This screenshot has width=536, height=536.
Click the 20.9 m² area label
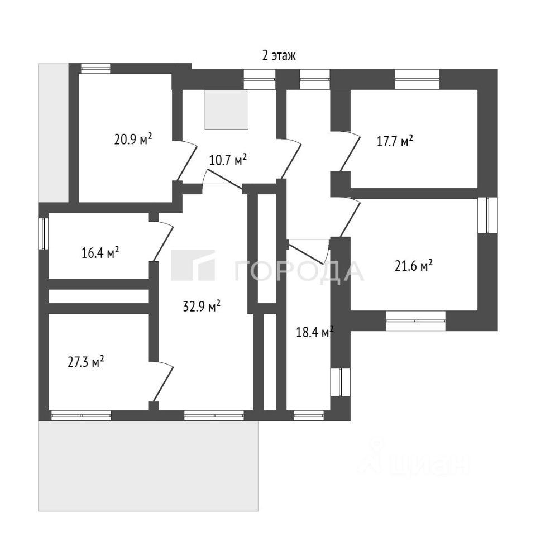[133, 140]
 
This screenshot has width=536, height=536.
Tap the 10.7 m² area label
[228, 161]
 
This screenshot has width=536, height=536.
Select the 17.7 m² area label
[395, 140]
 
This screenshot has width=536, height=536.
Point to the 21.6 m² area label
[414, 266]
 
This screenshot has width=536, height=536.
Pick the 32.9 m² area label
[202, 306]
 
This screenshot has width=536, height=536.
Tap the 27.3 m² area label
[87, 362]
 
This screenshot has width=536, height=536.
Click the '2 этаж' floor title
[278, 55]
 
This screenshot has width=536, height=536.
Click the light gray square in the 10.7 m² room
[227, 109]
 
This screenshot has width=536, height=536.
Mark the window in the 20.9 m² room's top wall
[95, 69]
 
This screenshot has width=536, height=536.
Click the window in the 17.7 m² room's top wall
[417, 79]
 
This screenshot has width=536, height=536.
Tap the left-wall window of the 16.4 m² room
[43, 233]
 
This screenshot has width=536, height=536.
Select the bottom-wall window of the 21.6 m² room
[415, 320]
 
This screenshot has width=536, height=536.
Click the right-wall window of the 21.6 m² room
[488, 216]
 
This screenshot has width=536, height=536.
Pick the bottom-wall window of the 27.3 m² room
[81, 415]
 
